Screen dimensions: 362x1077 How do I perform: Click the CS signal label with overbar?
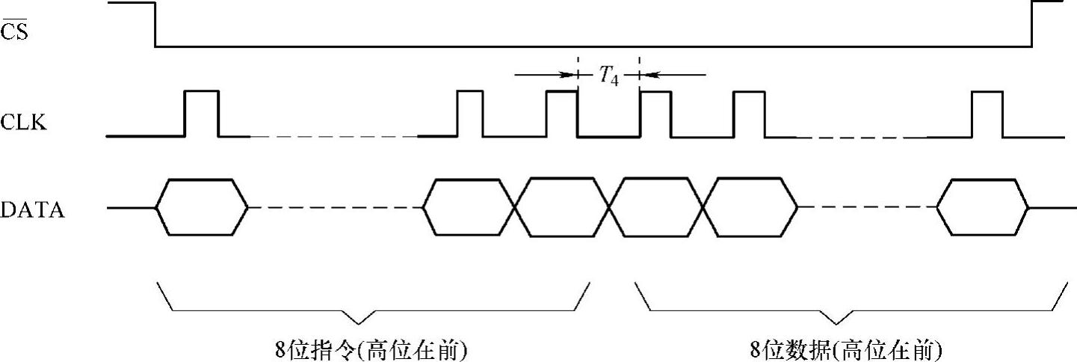pos(15,31)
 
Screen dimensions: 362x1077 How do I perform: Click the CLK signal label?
pos(24,122)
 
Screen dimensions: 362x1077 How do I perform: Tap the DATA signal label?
pos(33,210)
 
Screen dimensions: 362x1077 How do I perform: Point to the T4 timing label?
pos(608,75)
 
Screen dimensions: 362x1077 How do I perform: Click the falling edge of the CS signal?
pos(155,25)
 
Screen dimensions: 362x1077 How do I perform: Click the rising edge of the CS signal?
pos(1032,25)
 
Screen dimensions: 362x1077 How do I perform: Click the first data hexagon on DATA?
pos(202,207)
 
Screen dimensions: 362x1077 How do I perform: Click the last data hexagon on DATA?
pos(983,207)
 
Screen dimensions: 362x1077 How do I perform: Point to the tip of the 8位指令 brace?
pos(359,323)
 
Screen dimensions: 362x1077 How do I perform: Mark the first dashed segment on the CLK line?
pos(333,137)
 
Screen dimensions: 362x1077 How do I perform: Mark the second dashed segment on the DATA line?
pos(867,207)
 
